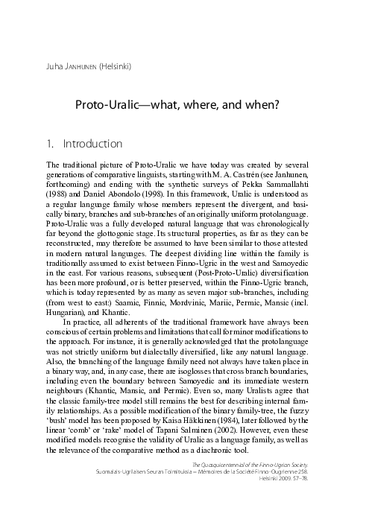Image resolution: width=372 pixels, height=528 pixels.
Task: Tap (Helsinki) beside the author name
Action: click(x=116, y=66)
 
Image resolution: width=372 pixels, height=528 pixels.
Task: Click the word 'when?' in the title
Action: click(x=262, y=105)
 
